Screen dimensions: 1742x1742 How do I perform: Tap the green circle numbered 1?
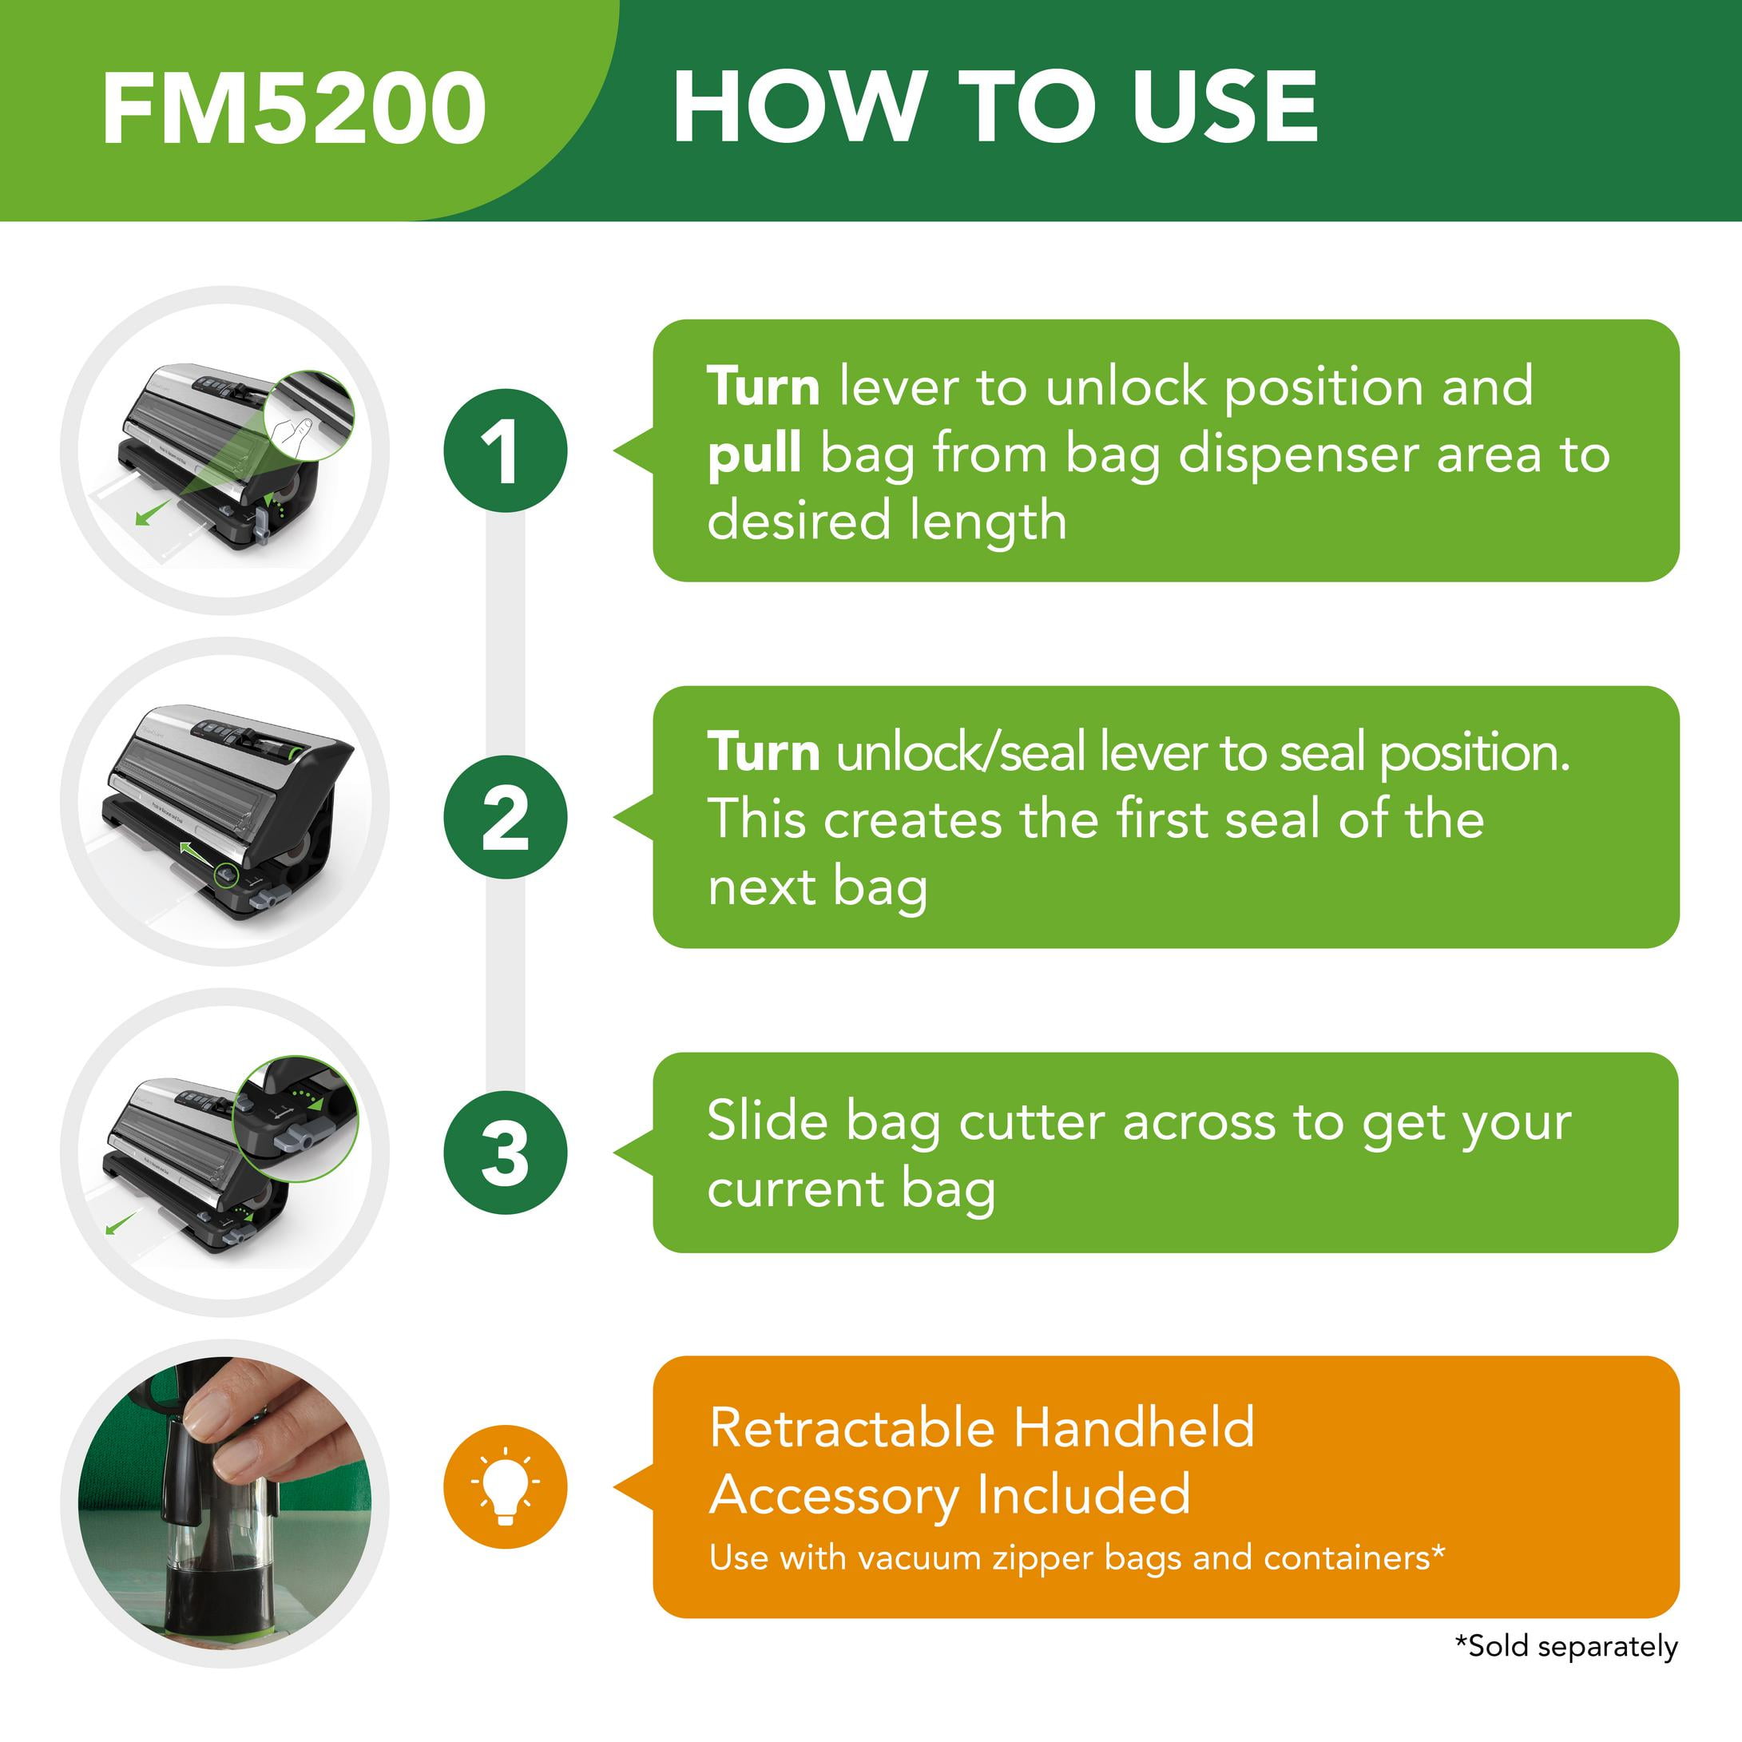(x=505, y=450)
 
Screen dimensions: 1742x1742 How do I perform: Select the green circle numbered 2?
(x=505, y=817)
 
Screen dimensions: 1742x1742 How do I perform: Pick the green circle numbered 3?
(x=505, y=1153)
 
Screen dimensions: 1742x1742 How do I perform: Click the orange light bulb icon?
(x=505, y=1487)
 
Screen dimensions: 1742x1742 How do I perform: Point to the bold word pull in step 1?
(x=754, y=454)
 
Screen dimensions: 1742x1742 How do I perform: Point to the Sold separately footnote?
(x=1566, y=1646)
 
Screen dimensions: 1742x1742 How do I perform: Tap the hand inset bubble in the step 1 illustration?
(x=310, y=417)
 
